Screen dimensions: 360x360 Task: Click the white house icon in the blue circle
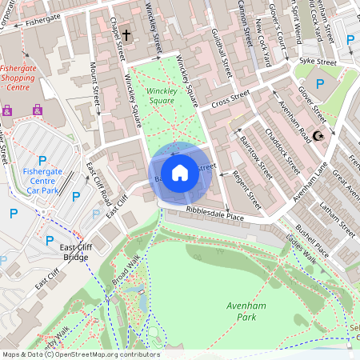click(180, 171)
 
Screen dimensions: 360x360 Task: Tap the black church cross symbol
click(126, 34)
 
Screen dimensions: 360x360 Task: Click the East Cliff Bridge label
click(76, 253)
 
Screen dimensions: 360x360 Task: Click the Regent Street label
click(246, 185)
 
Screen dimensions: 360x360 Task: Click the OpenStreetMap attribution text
click(80, 354)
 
